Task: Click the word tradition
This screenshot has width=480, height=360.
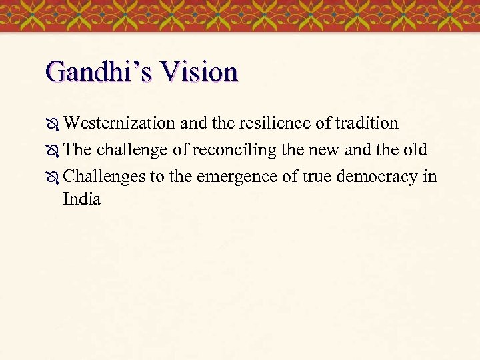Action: coord(367,123)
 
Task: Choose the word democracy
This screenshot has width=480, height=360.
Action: coord(380,177)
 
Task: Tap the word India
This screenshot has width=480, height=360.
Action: coord(82,199)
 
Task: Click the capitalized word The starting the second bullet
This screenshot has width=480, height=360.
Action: coord(77,150)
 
